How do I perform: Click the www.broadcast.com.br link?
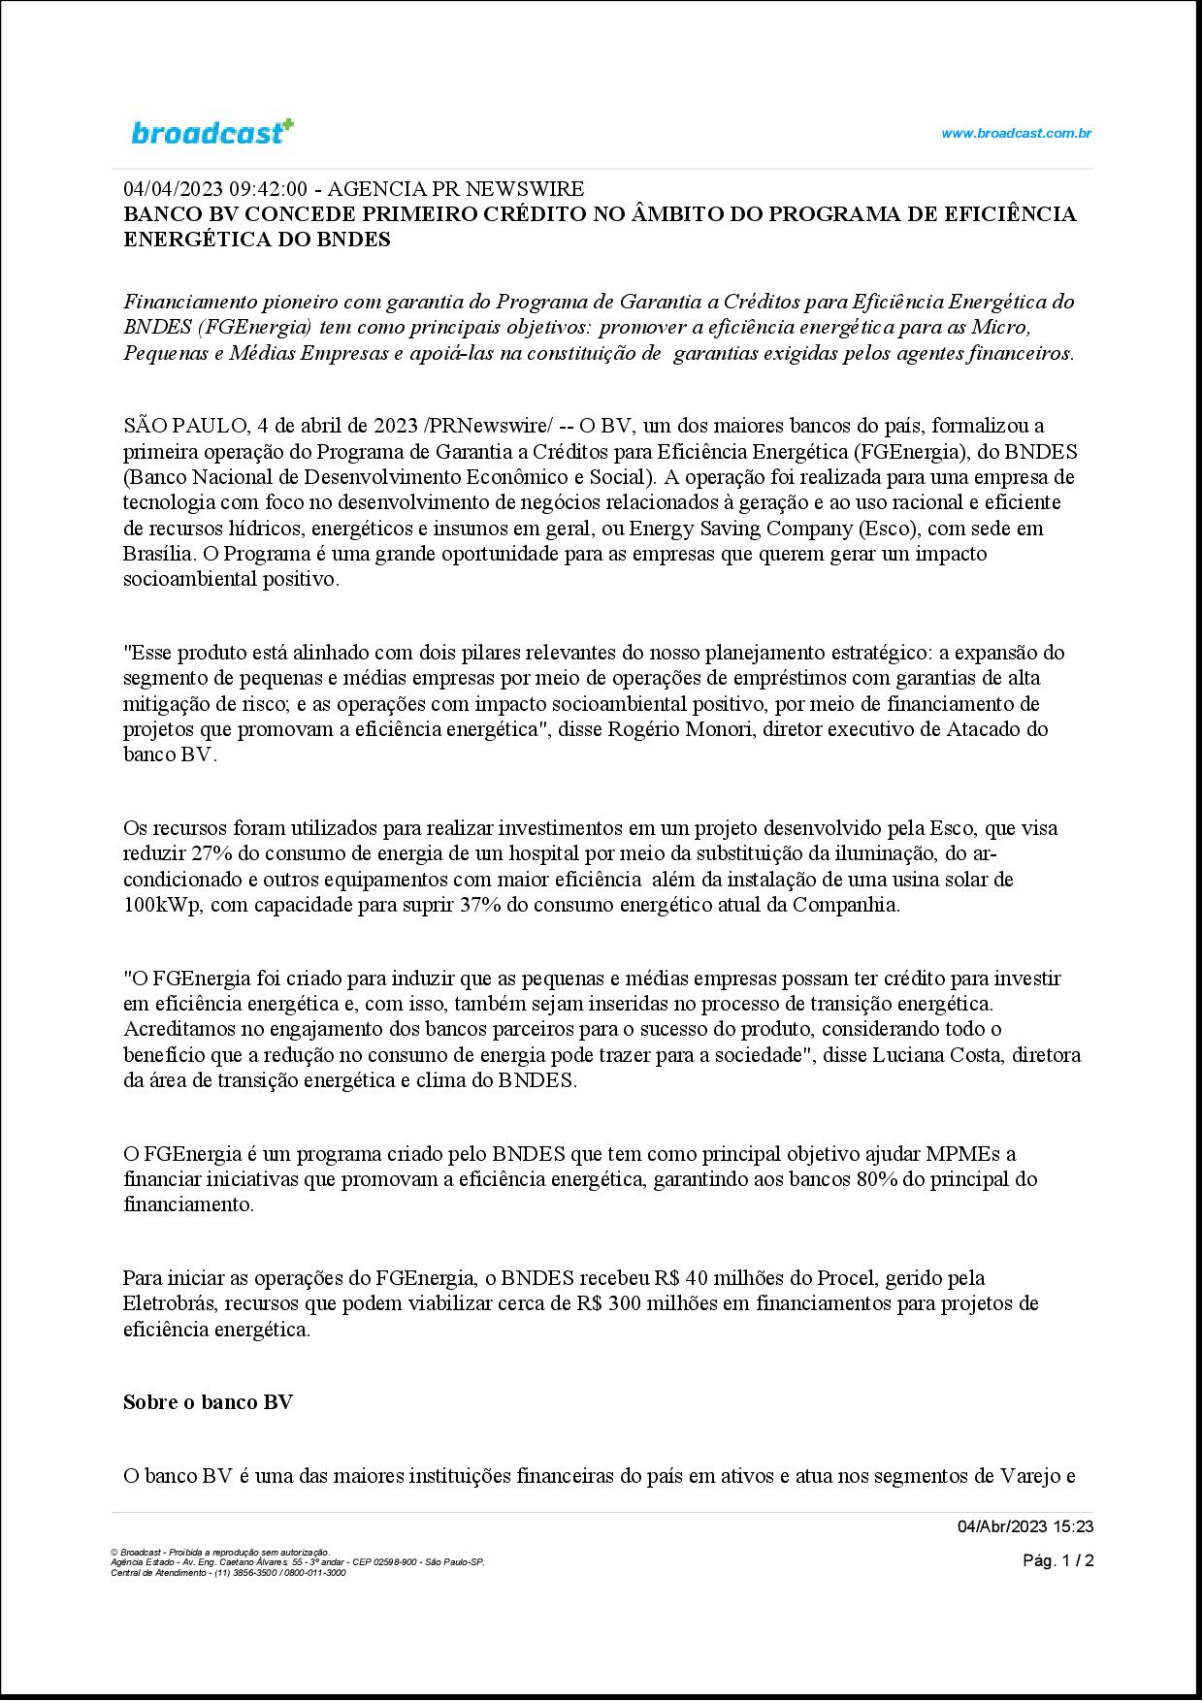point(1016,134)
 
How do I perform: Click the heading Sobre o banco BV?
point(208,1402)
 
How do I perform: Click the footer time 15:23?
point(1074,1526)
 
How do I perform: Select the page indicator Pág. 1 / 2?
point(1058,1560)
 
